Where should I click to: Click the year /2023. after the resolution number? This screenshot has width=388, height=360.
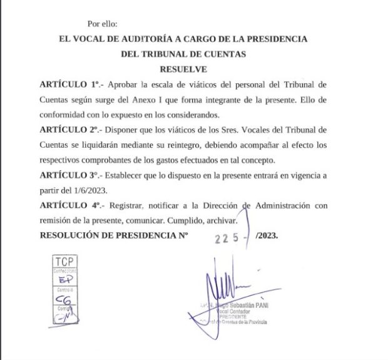point(263,236)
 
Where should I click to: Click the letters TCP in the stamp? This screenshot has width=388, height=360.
point(64,261)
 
